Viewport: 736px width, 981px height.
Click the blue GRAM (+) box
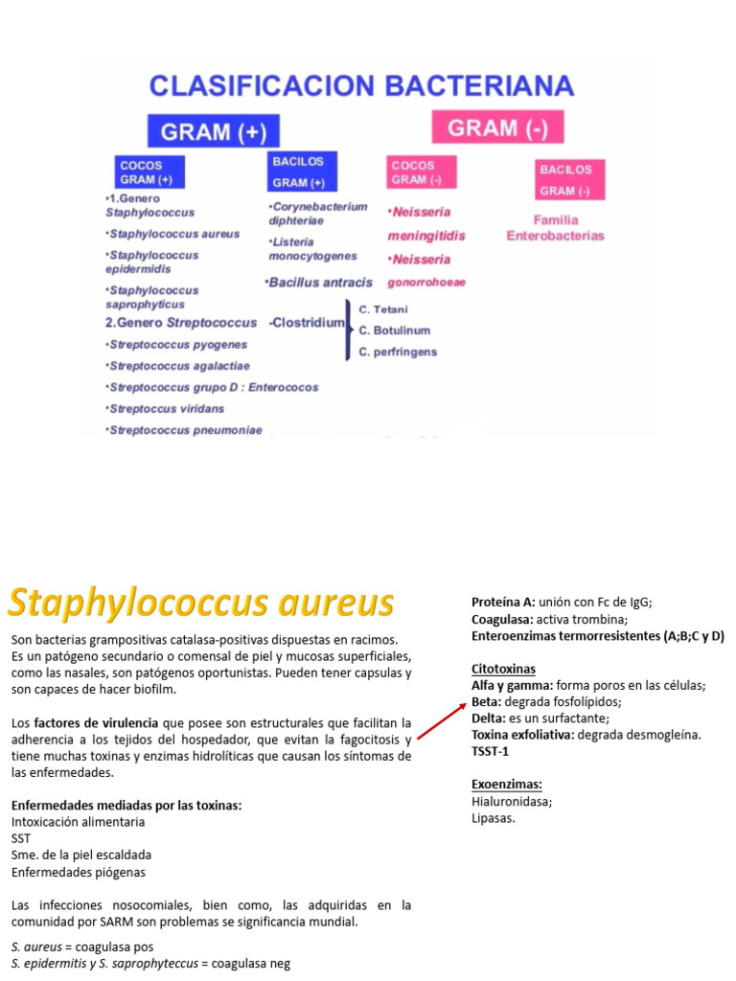(213, 130)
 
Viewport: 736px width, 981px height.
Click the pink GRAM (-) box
(497, 127)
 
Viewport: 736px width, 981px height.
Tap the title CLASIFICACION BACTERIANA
(361, 86)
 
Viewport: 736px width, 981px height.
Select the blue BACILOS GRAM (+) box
(298, 171)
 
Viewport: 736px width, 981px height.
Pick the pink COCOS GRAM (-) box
(422, 172)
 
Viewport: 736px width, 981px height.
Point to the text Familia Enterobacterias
(556, 227)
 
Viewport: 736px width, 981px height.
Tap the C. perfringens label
(398, 352)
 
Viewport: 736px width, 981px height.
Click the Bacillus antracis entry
(318, 283)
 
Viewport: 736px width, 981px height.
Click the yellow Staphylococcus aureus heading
(201, 604)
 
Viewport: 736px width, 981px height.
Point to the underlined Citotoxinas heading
(503, 669)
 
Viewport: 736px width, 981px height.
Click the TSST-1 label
(492, 751)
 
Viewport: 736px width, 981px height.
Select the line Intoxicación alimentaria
(79, 821)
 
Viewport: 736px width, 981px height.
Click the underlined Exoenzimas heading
(507, 784)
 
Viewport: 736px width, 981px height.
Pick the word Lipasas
(494, 818)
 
